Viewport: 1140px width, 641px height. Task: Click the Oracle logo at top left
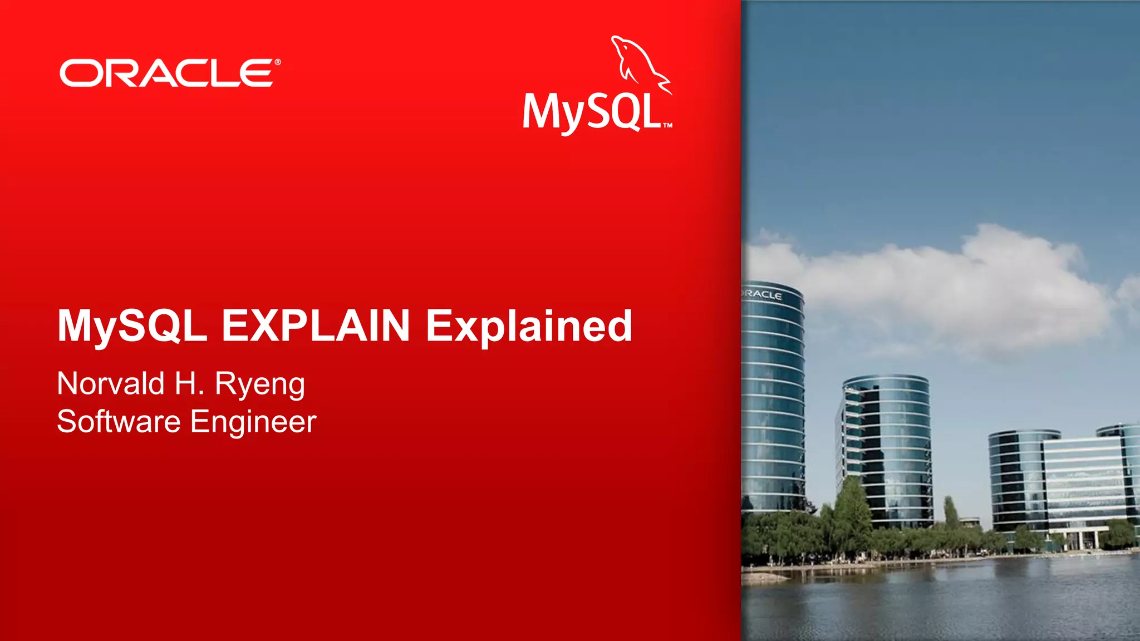[167, 73]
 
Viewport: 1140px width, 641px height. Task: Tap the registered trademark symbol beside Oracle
[277, 62]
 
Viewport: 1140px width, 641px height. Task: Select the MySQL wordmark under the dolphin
[591, 113]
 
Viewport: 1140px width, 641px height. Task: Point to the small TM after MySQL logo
[667, 126]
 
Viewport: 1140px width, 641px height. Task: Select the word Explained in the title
[529, 327]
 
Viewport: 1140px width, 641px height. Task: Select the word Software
[119, 421]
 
